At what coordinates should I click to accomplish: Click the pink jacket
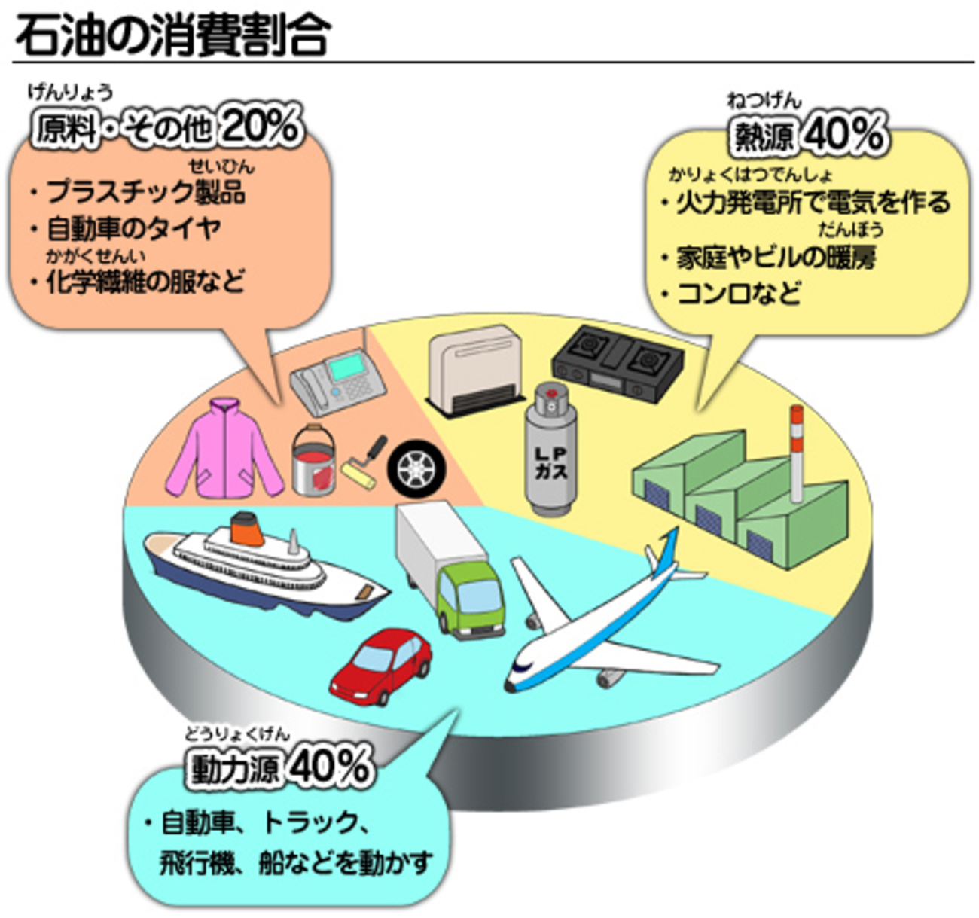[x=224, y=449]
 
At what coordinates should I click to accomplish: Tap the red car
[x=382, y=664]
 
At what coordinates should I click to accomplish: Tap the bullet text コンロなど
[x=738, y=293]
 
